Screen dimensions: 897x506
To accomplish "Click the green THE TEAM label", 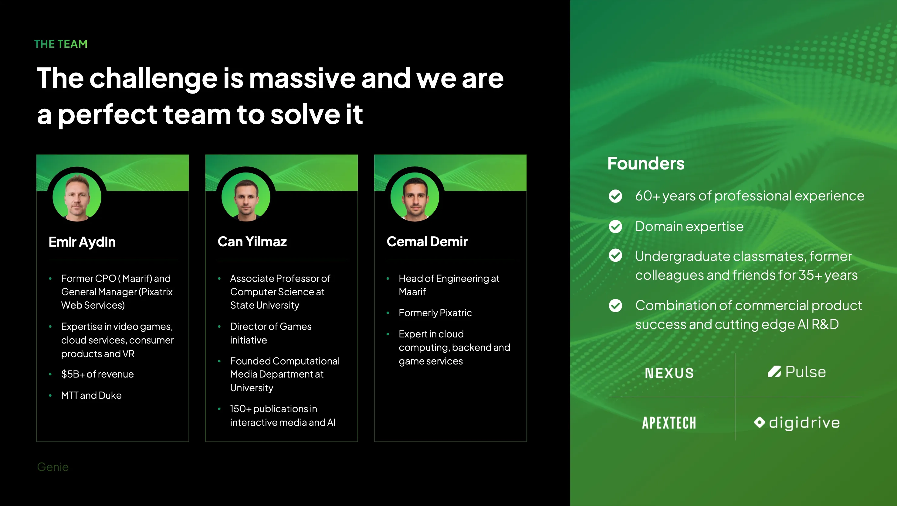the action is tap(61, 44).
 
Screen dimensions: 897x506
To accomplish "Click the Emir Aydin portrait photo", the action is tap(77, 197).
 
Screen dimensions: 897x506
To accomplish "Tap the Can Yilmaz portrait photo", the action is tap(246, 197).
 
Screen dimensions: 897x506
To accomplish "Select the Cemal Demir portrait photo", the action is tap(415, 197).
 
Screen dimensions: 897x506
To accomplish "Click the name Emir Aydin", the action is tap(82, 242).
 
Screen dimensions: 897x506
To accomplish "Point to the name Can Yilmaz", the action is tap(252, 241).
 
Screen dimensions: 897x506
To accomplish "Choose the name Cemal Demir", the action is tap(427, 241).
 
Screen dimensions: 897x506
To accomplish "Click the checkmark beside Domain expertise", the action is tap(615, 227).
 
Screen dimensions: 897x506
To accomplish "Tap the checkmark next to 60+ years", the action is tap(615, 196).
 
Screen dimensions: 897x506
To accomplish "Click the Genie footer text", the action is tap(53, 467).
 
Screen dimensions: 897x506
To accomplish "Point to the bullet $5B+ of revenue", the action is tap(97, 374).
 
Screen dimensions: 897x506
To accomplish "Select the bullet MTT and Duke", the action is tap(91, 395).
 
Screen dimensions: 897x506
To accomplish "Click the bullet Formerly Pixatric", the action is tap(435, 313).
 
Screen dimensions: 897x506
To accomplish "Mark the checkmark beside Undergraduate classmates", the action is tap(615, 256).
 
